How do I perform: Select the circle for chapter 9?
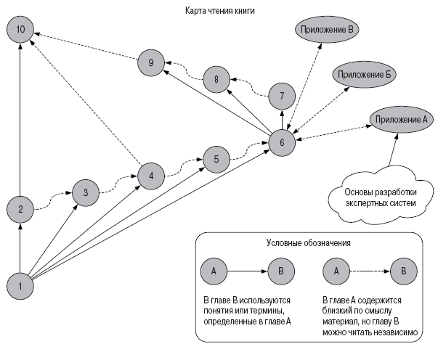pos(150,63)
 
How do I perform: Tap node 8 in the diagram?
pos(216,78)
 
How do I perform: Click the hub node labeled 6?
pos(282,142)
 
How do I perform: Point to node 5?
pos(216,158)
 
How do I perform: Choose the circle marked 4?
pos(151,176)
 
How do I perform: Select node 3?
pos(86,192)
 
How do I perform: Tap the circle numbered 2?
pos(20,210)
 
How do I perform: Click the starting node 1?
pos(20,285)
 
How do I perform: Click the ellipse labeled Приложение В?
pos(329,30)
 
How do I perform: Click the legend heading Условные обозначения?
pos(309,244)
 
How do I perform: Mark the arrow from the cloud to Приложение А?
pos(393,151)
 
